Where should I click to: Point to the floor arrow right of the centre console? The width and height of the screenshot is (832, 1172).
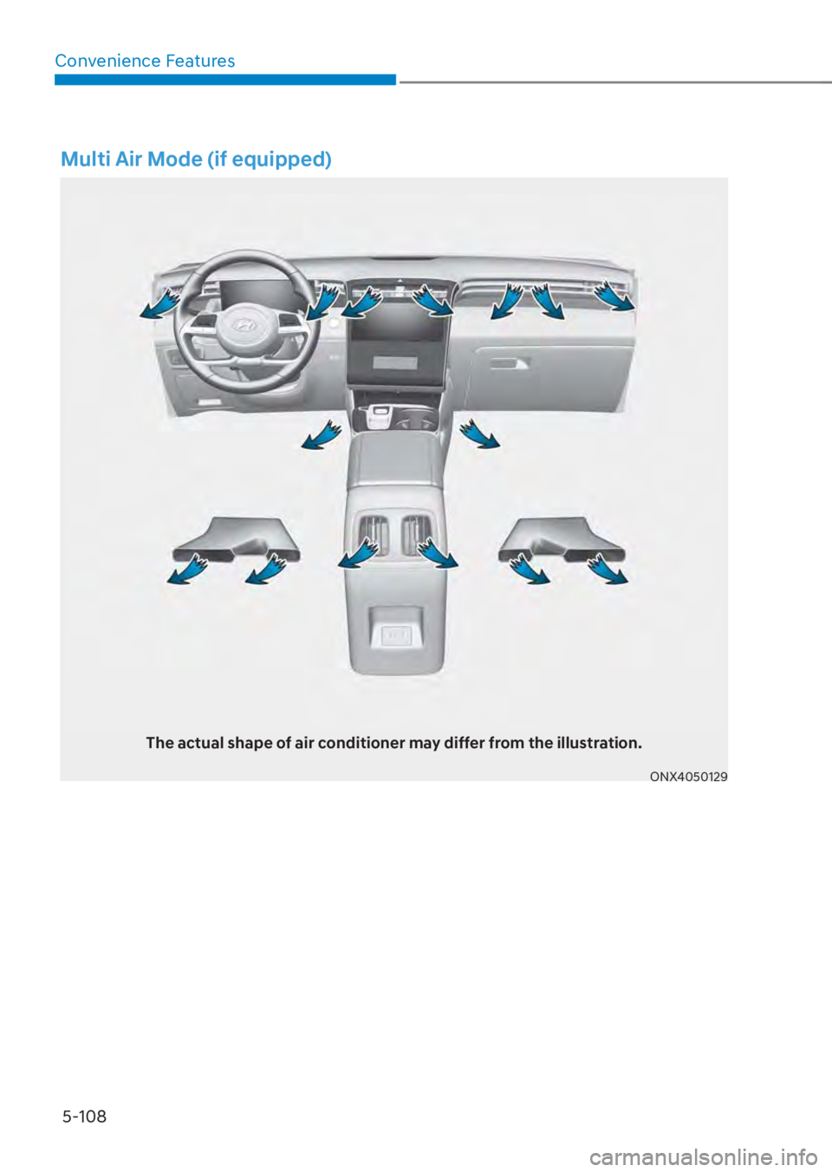pyautogui.click(x=479, y=433)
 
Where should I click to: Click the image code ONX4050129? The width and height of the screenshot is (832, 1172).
pyautogui.click(x=690, y=778)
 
